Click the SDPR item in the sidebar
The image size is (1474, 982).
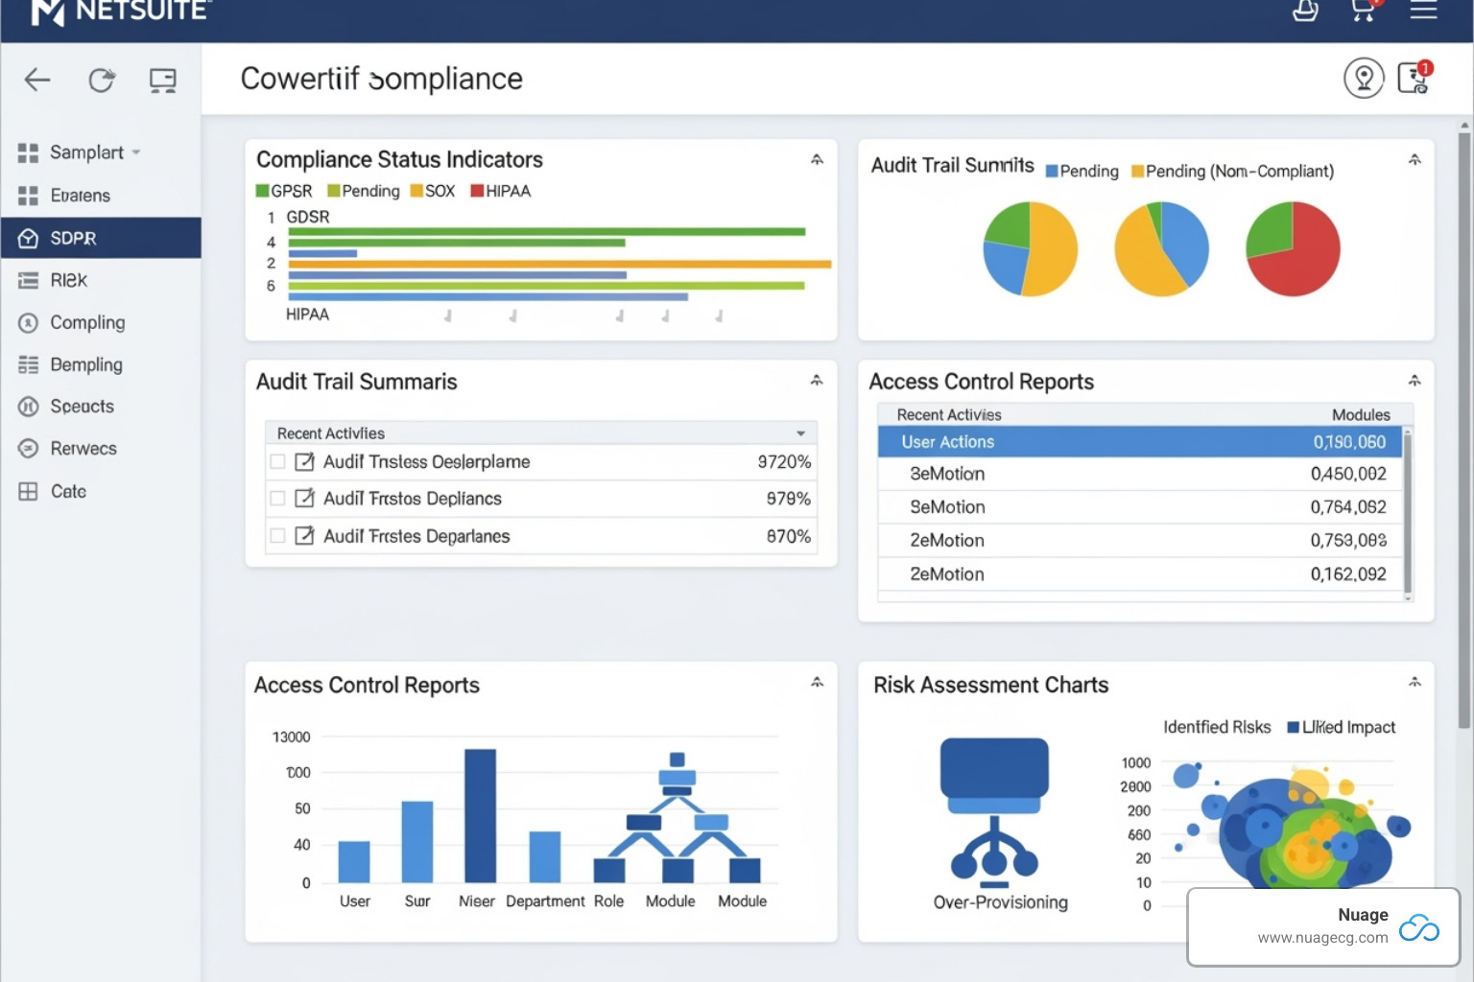[x=73, y=238]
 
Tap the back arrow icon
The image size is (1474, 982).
[x=37, y=80]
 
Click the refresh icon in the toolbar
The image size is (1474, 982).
[x=102, y=80]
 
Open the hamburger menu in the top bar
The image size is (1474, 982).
[x=1423, y=11]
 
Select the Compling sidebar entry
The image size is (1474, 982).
[x=86, y=322]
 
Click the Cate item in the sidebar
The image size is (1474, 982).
[x=68, y=491]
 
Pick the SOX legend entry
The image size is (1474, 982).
[x=433, y=191]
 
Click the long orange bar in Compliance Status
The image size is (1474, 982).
[x=559, y=264]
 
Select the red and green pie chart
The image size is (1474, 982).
[x=1292, y=248]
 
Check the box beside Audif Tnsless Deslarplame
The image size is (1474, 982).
[x=277, y=461]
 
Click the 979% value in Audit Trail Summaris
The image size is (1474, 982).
[x=788, y=499]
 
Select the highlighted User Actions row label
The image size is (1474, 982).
[x=947, y=442]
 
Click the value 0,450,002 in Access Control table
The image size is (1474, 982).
[x=1347, y=474]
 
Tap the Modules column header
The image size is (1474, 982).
[x=1360, y=414]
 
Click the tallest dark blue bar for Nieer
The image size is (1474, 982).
[x=480, y=815]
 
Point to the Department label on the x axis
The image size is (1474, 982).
[x=544, y=901]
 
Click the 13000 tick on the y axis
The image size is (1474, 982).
[x=291, y=736]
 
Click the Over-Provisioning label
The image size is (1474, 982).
[x=1000, y=902]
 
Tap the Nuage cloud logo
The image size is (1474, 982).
[x=1418, y=927]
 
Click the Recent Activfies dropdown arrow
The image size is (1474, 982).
[x=800, y=433]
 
